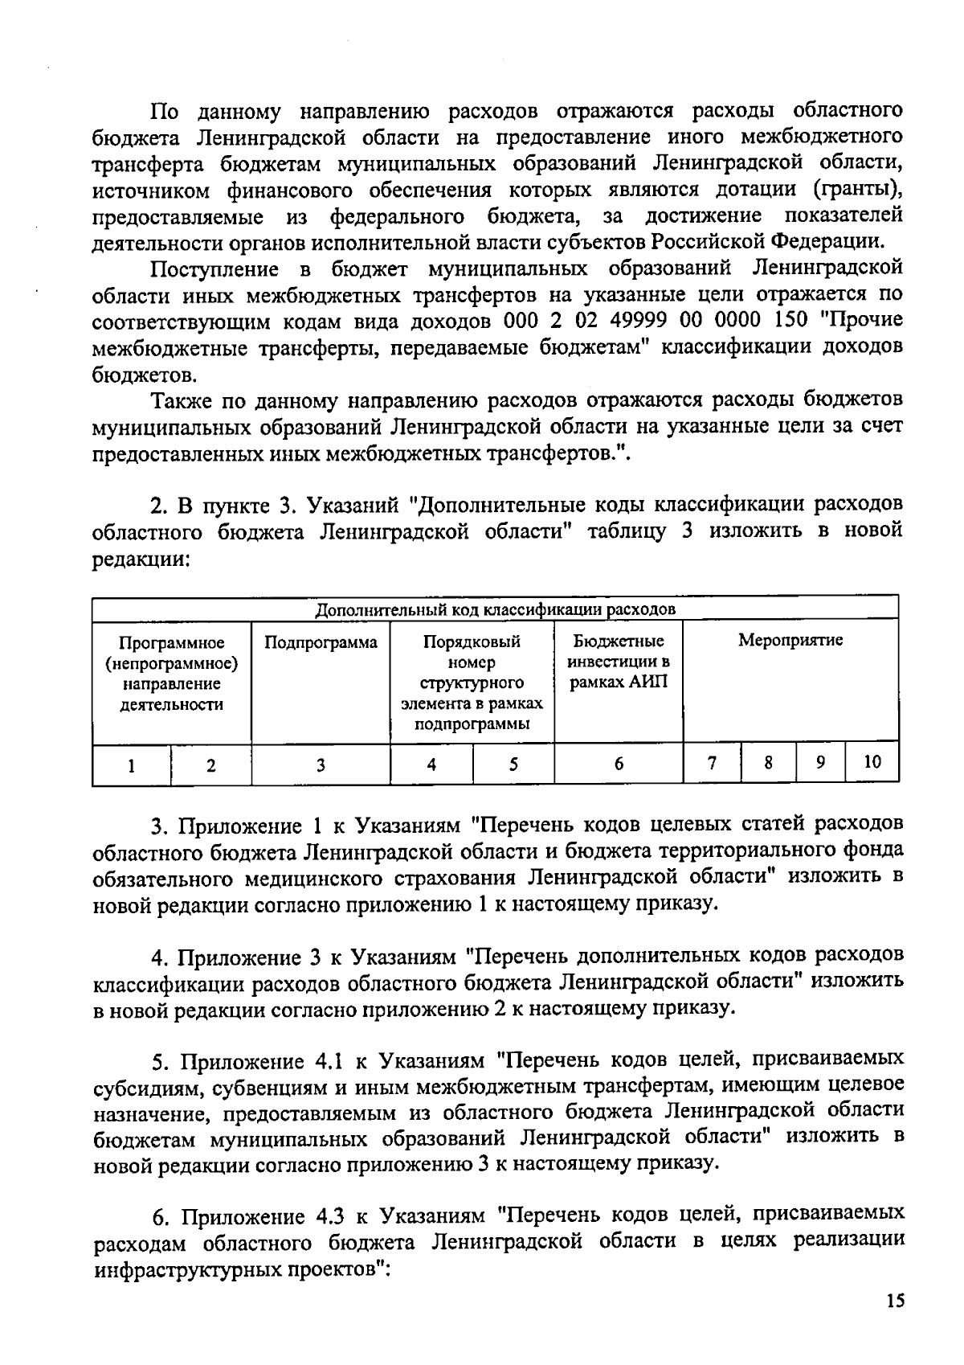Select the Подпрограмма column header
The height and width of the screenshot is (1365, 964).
pyautogui.click(x=321, y=642)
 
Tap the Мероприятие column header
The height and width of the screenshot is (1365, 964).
pyautogui.click(x=790, y=641)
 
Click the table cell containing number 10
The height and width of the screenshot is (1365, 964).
pyautogui.click(x=872, y=762)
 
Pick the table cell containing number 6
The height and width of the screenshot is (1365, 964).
pyautogui.click(x=619, y=764)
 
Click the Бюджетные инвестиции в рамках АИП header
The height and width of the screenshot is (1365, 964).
pyautogui.click(x=619, y=662)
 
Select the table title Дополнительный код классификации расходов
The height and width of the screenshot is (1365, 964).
pyautogui.click(x=495, y=609)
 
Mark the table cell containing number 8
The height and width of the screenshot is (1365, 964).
pyautogui.click(x=768, y=762)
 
